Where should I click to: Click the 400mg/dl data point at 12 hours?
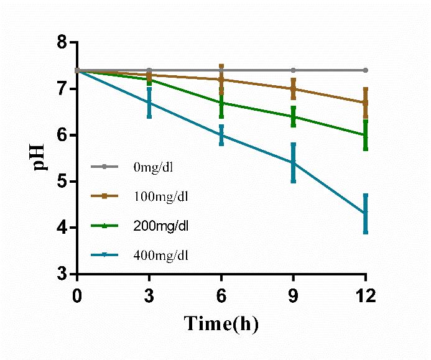[366, 213]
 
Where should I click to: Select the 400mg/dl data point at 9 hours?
[294, 163]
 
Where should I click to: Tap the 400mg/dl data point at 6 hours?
[221, 135]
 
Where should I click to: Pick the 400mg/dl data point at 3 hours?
[149, 103]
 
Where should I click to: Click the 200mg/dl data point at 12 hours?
[366, 135]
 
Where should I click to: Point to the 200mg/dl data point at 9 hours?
[294, 116]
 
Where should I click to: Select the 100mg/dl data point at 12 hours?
[366, 103]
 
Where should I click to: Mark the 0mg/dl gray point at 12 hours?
[366, 70]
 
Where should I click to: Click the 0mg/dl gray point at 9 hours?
[294, 70]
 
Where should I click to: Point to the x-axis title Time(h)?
[221, 324]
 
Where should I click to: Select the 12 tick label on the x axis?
[366, 297]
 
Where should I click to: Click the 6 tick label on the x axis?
[221, 297]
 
